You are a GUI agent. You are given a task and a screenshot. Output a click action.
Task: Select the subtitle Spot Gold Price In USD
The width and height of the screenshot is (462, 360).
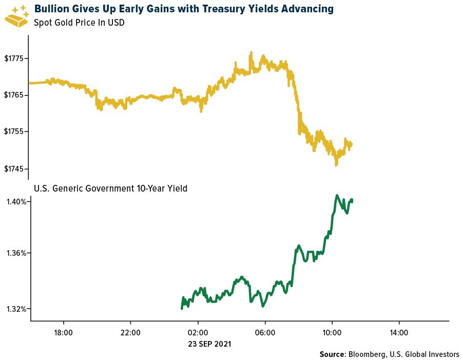click(79, 23)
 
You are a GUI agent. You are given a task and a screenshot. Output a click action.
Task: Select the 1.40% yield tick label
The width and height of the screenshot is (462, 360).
click(16, 202)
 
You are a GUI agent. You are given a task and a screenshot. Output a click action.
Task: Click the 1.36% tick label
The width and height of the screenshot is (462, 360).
click(16, 253)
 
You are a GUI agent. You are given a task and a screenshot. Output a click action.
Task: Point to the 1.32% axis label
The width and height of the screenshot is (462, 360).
click(16, 309)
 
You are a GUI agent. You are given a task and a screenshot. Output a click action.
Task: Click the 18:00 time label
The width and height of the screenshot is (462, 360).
click(63, 333)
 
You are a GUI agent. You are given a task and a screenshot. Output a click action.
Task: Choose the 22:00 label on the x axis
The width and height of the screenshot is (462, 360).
click(130, 333)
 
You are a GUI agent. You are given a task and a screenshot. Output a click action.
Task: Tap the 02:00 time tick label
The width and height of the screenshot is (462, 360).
click(198, 333)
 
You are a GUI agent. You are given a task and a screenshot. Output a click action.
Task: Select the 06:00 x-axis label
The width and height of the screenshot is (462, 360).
click(264, 333)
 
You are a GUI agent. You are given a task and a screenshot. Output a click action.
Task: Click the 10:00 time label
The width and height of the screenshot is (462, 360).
click(332, 333)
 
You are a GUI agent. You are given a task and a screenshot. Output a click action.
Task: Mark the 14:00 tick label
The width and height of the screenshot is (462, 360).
click(399, 333)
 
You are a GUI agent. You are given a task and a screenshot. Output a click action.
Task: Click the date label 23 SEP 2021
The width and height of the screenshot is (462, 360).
click(209, 344)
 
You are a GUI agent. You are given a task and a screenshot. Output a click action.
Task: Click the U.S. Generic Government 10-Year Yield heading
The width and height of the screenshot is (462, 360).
click(110, 188)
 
